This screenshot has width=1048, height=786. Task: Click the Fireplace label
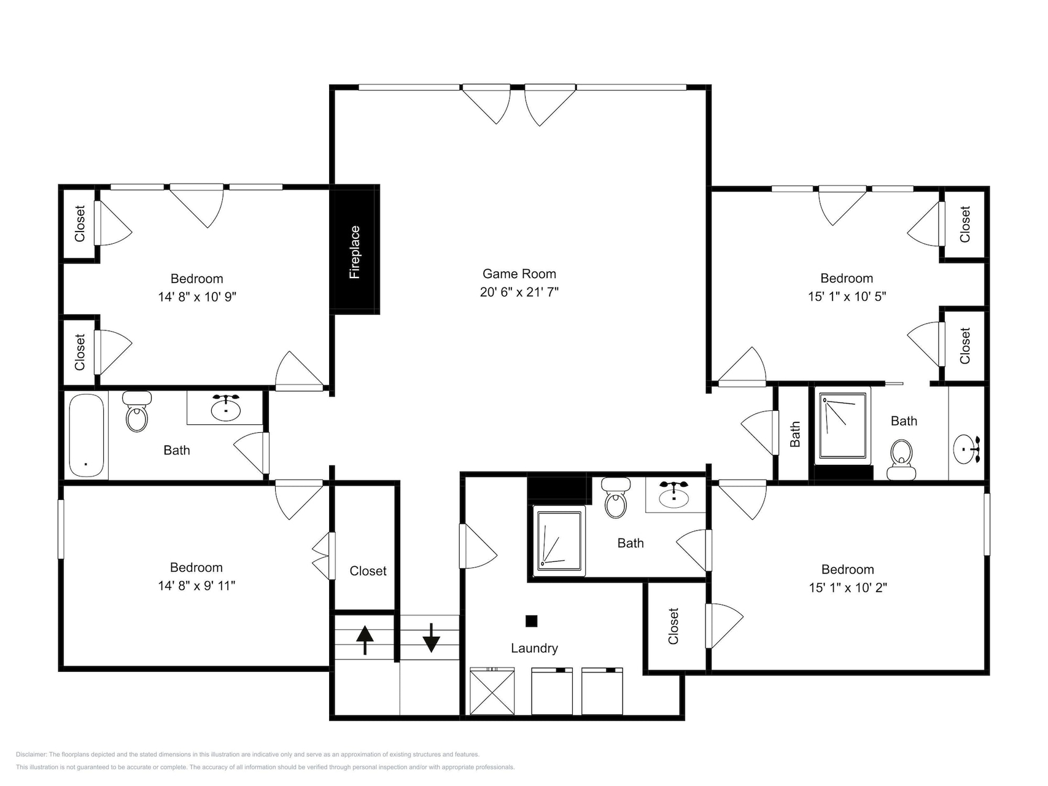click(x=355, y=252)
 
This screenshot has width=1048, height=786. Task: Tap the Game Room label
click(x=519, y=274)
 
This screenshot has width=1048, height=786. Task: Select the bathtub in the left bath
click(x=86, y=435)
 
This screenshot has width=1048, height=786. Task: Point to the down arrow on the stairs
click(x=431, y=638)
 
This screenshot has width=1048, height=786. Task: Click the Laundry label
click(x=534, y=648)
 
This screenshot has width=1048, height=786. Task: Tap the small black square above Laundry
click(x=532, y=621)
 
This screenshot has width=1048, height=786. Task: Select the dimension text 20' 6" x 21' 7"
click(x=519, y=292)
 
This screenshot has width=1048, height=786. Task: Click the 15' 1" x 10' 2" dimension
click(x=848, y=588)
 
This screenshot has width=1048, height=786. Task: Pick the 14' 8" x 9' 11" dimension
click(x=196, y=586)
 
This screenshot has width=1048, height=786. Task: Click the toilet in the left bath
click(x=137, y=411)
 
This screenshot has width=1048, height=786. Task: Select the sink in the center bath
click(x=675, y=494)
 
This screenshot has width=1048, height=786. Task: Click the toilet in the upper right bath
click(x=901, y=460)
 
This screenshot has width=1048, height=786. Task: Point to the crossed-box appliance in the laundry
click(x=492, y=691)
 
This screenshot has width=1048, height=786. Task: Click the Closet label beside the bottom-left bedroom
click(x=368, y=571)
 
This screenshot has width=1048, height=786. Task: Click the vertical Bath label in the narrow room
click(x=795, y=434)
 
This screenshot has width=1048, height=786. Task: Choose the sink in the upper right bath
click(x=966, y=449)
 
